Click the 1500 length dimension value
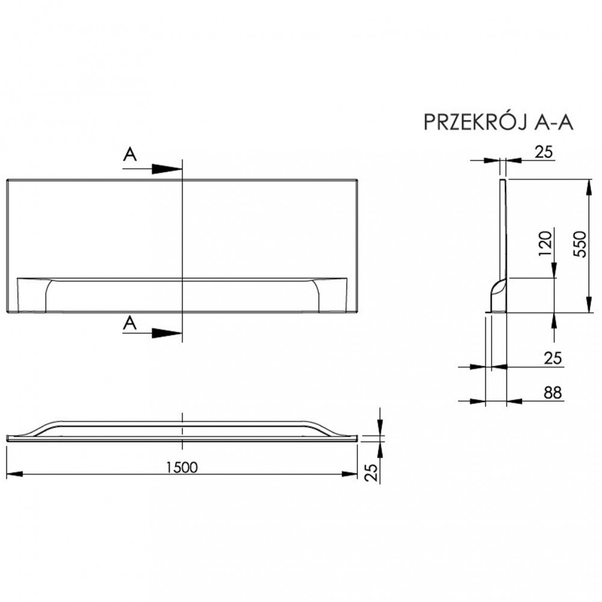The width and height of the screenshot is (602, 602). pos(182,467)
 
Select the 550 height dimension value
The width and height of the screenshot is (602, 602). pos(579,244)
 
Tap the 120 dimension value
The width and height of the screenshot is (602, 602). pos(545,244)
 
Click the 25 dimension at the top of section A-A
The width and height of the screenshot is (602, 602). pos(544,152)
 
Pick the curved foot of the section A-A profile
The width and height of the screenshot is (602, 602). pos(495,295)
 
